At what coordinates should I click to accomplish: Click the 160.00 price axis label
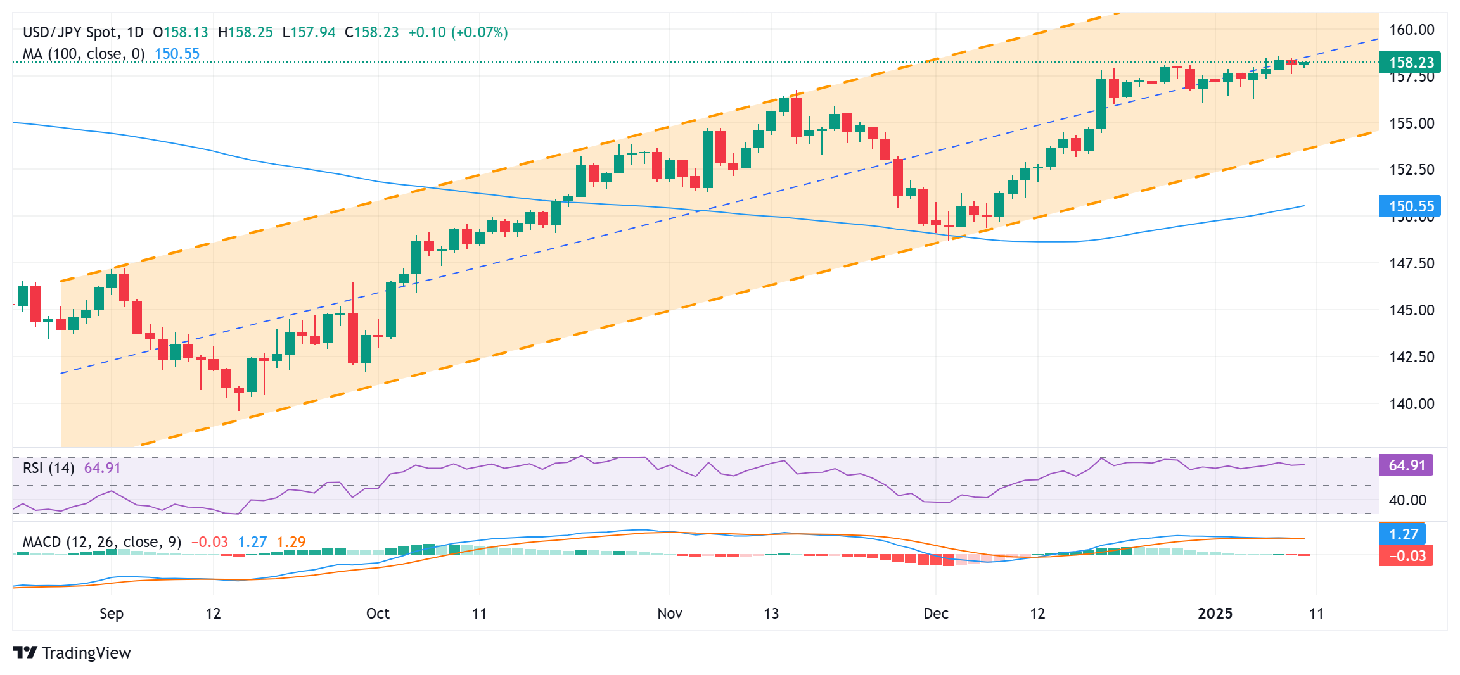tap(1411, 30)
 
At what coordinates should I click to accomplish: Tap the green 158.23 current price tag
tap(1410, 62)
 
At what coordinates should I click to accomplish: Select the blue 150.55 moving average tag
tap(1410, 206)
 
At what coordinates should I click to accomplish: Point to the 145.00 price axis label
tap(1411, 310)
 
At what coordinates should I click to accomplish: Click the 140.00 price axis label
tap(1411, 403)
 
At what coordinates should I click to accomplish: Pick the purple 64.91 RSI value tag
tap(1406, 465)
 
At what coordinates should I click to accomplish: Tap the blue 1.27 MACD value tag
tap(1403, 534)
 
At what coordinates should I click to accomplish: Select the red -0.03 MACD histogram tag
tap(1406, 555)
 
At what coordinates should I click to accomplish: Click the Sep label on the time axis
tap(112, 613)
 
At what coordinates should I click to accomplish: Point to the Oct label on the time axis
tap(378, 613)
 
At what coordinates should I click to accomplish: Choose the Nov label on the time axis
tap(670, 613)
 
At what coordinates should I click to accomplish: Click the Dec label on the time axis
tap(936, 613)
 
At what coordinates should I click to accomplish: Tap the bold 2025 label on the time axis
tap(1215, 613)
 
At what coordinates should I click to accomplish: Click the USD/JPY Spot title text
tap(70, 32)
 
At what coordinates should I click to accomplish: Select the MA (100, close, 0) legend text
tap(84, 54)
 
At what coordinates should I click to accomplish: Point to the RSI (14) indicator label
tap(49, 467)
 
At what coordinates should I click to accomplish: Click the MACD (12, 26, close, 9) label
tap(102, 542)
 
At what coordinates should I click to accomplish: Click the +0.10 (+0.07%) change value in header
tap(458, 32)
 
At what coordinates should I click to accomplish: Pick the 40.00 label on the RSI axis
tap(1407, 500)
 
